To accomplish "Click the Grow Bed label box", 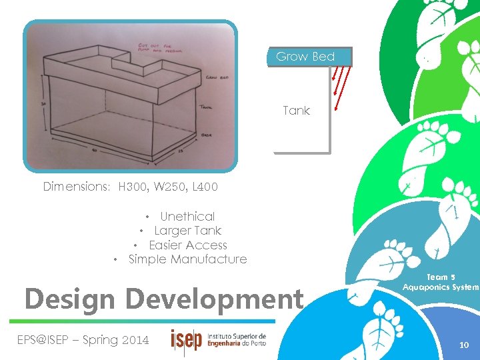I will pyautogui.click(x=305, y=57).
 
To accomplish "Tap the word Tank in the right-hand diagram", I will pyautogui.click(x=296, y=111).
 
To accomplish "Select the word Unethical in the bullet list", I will pyautogui.click(x=187, y=217).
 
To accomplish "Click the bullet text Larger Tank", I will pyautogui.click(x=187, y=231).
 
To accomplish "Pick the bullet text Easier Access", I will pyautogui.click(x=188, y=245).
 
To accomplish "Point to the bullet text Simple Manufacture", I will pyautogui.click(x=187, y=259).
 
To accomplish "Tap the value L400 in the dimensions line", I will pyautogui.click(x=203, y=187).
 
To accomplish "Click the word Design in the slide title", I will pyautogui.click(x=69, y=299).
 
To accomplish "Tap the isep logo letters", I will pyautogui.click(x=186, y=340).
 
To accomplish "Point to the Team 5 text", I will pyautogui.click(x=441, y=277).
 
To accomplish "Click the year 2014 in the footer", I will pyautogui.click(x=135, y=340).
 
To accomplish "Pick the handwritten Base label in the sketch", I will pyautogui.click(x=207, y=135).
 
